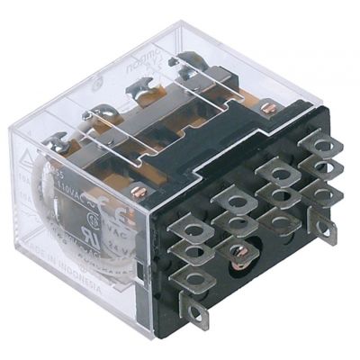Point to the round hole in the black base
pos(238,253)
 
